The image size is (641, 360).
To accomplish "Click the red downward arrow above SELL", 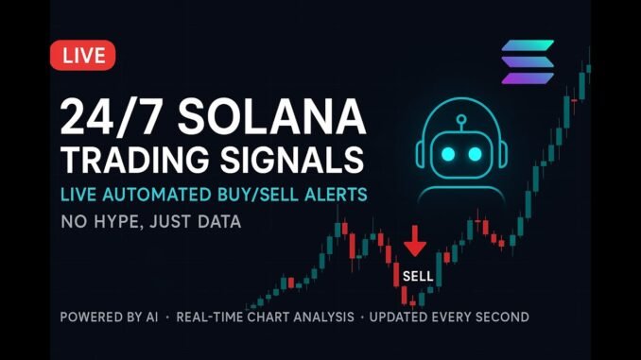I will click(x=415, y=243).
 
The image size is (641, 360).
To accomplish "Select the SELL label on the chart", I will click(x=417, y=276).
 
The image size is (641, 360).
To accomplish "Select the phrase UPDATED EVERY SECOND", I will click(x=449, y=317).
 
